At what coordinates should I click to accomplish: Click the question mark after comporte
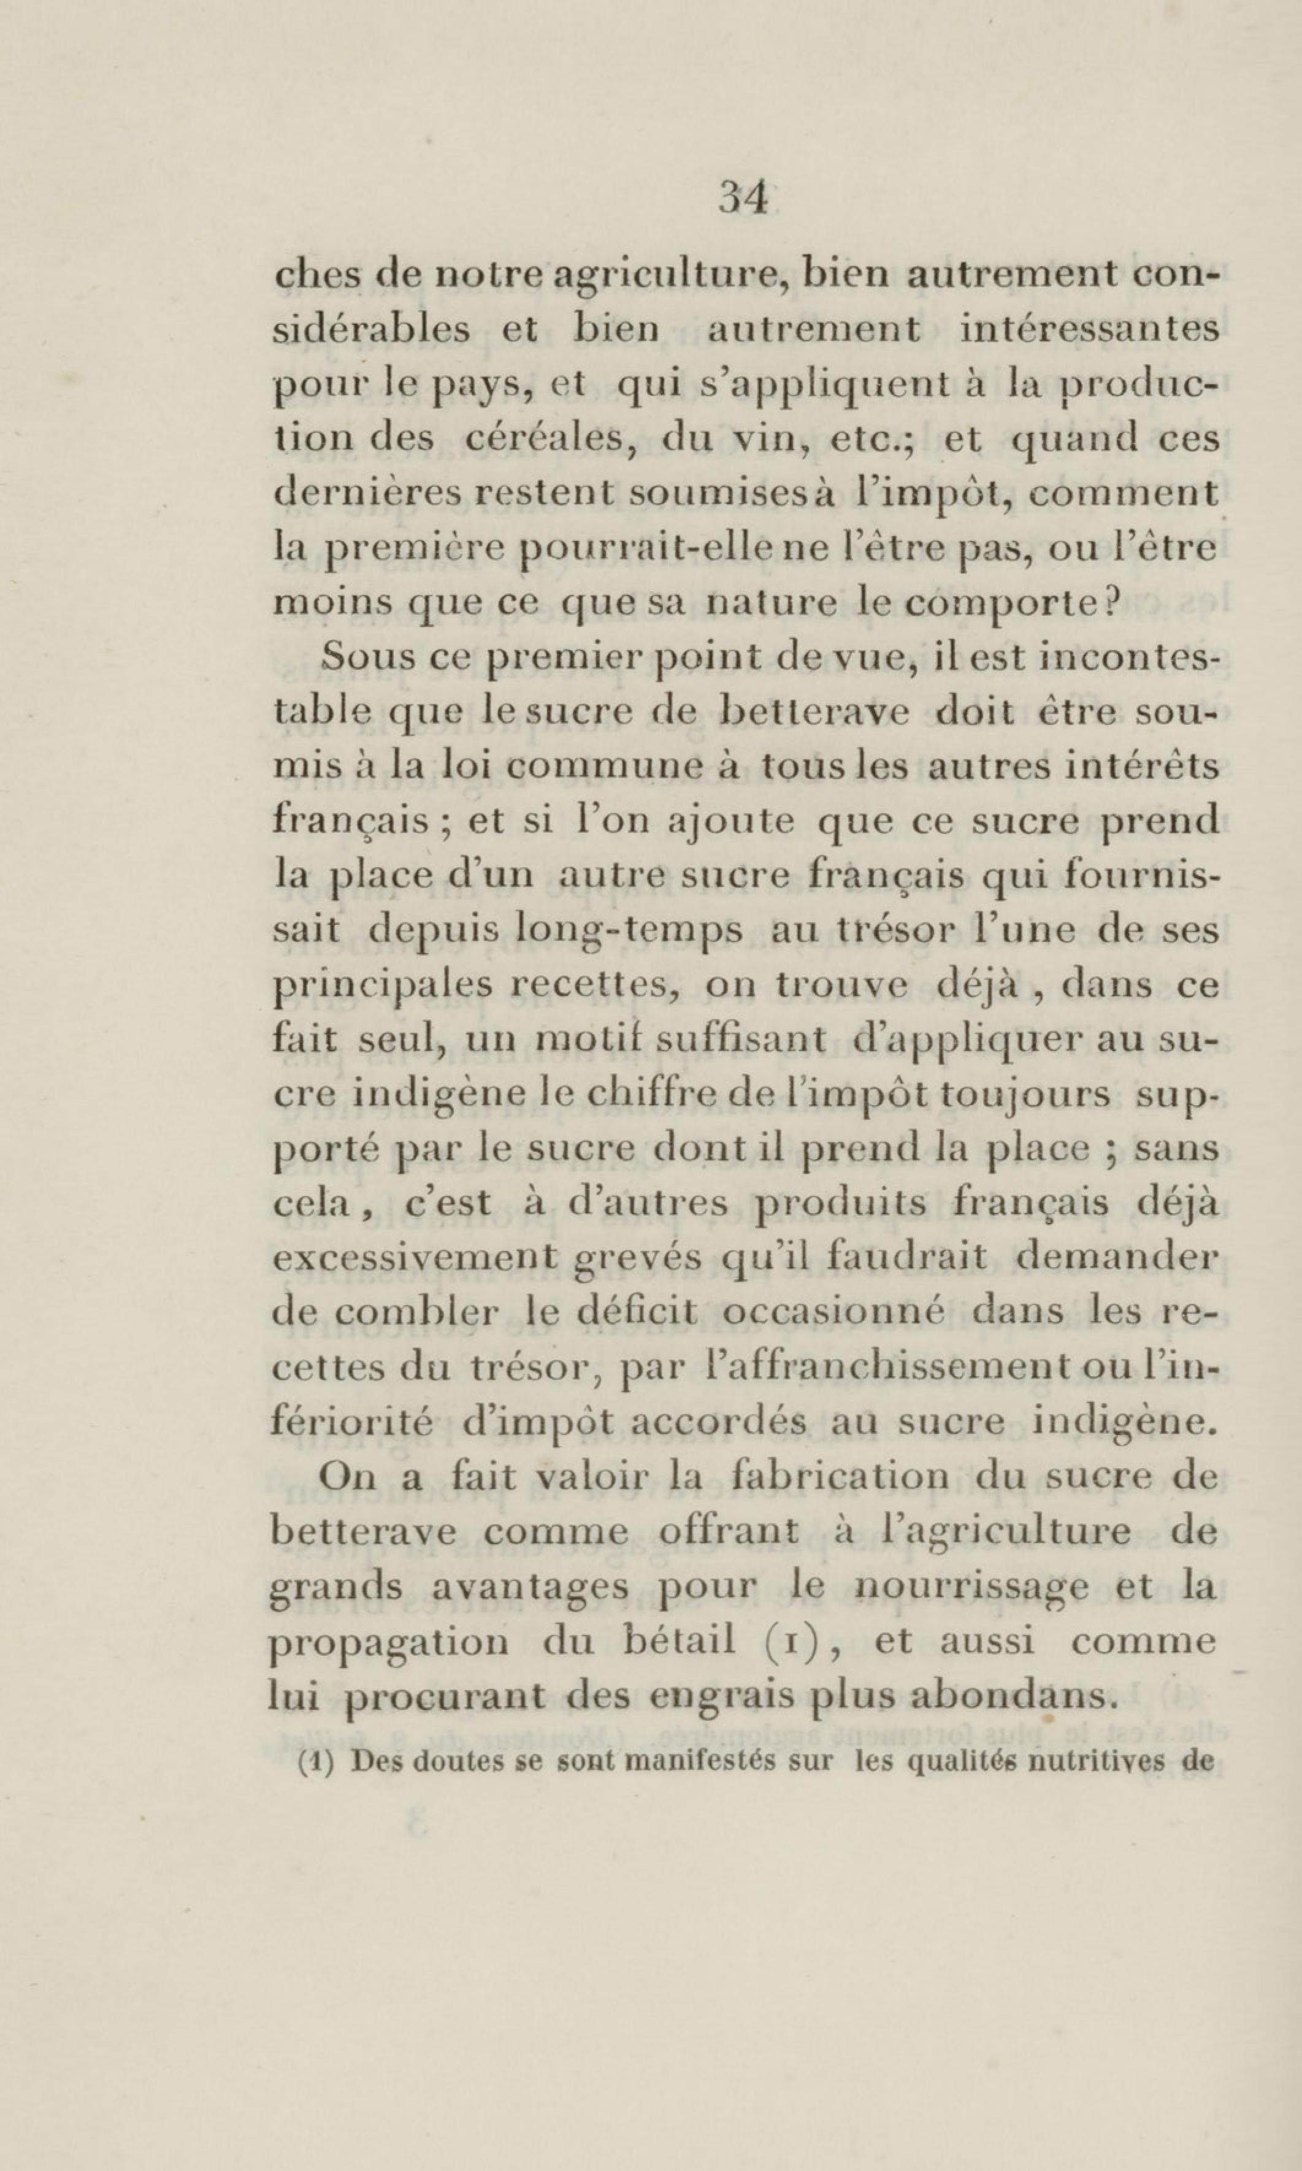(x=1112, y=603)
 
